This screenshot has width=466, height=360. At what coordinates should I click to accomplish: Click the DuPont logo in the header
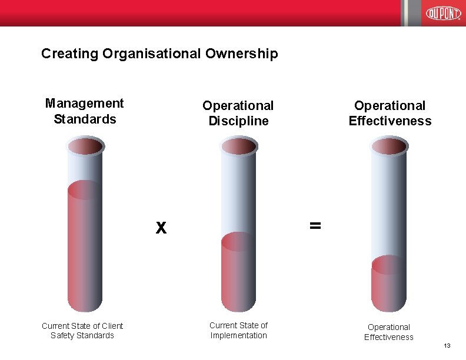coord(443,13)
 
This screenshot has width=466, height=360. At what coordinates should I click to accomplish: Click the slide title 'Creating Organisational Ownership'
coord(159,54)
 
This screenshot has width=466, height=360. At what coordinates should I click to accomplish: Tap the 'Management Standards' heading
coord(85,111)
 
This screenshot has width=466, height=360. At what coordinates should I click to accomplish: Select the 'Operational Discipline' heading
coord(238,113)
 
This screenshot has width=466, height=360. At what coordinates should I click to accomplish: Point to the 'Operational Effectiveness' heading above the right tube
coord(390,113)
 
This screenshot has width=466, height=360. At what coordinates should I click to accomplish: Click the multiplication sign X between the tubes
coord(161,228)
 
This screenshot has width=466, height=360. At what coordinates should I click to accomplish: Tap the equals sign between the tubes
coord(315,225)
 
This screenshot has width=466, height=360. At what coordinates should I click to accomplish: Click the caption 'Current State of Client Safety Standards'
coord(82,330)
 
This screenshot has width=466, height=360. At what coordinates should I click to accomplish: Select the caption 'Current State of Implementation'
coord(238,330)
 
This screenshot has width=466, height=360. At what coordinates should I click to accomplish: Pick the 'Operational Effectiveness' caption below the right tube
coord(388,332)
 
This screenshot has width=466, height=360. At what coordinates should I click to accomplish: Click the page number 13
coord(447,346)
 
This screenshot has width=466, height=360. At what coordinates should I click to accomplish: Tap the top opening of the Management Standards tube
coord(85,145)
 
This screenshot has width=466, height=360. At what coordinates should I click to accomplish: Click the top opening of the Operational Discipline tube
coord(238,145)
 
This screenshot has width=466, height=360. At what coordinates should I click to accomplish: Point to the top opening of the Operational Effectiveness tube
coord(389,145)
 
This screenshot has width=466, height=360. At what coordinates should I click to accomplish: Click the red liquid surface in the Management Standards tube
coord(85,189)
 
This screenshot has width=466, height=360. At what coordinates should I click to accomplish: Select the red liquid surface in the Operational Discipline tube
coord(238,242)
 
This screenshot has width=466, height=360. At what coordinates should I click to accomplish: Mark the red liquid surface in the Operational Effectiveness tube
coord(389,265)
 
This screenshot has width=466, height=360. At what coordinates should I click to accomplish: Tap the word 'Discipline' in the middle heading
coord(238,121)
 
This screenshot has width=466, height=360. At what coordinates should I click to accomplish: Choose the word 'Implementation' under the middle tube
coord(238,335)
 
